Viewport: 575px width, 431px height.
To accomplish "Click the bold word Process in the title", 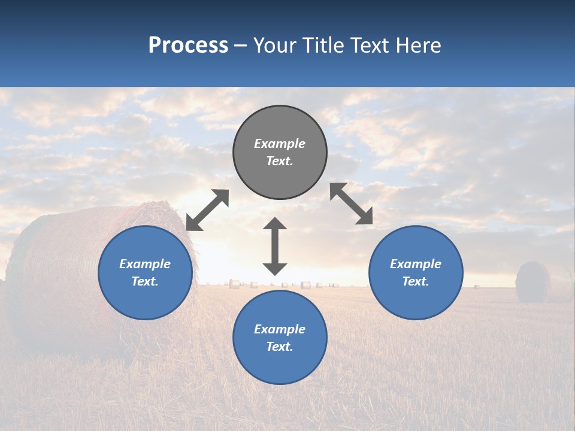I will click(x=188, y=45).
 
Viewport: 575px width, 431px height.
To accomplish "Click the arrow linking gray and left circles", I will click(x=207, y=210).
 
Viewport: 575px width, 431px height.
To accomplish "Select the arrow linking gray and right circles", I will click(x=352, y=204).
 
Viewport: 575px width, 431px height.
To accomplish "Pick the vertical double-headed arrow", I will click(x=275, y=246).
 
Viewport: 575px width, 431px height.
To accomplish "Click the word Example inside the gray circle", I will click(x=280, y=144).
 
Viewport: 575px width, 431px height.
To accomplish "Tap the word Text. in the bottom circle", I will click(x=280, y=347).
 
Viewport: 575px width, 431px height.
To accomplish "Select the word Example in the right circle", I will click(x=416, y=264).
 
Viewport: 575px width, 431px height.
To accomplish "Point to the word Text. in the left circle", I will click(x=145, y=281).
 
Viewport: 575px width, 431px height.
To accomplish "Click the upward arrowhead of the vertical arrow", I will click(x=275, y=224).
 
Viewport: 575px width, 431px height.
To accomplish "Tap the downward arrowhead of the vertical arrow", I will click(x=275, y=269).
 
